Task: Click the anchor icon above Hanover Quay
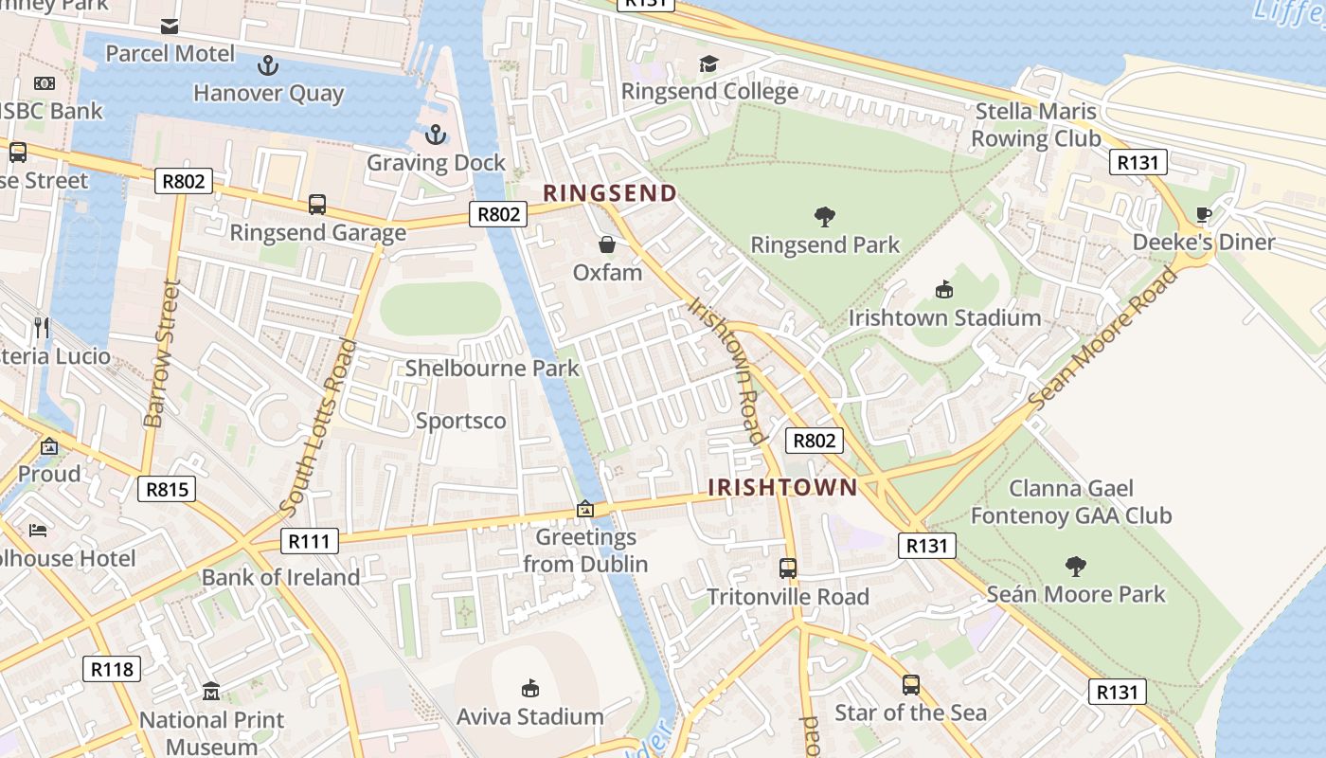269,65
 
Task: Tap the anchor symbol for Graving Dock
436,135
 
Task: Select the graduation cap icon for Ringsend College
708,63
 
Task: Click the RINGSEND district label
610,193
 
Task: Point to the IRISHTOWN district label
783,487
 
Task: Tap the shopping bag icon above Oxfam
606,244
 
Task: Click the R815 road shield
168,489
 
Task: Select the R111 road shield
310,541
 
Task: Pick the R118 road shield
112,669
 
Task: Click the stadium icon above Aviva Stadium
530,688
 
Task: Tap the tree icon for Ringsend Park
825,216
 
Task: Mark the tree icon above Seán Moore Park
1075,567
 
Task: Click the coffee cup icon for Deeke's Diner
1204,214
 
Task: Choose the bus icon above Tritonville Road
788,568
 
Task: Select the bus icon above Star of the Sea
910,684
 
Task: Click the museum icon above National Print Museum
211,692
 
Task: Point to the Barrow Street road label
161,352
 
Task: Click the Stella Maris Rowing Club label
1036,125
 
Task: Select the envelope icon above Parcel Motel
170,26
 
